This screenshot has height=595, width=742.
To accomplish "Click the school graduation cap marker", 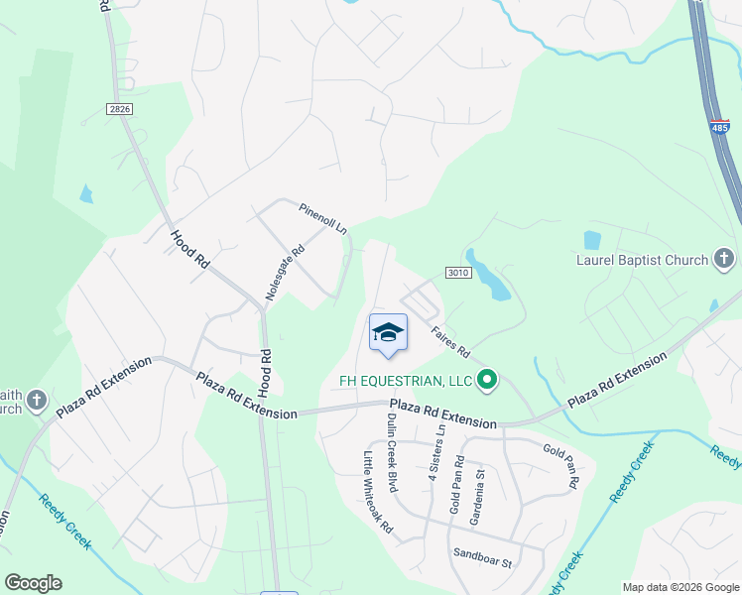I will pos(388,333).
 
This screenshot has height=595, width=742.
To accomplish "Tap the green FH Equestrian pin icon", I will pos(487,380).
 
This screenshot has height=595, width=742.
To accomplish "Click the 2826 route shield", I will pos(119,108).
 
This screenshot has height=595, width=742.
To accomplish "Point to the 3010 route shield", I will pos(457,273).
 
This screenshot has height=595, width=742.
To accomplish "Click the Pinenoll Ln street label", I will pos(323,218).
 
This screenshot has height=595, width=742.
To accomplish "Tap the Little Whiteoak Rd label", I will pos(378,493).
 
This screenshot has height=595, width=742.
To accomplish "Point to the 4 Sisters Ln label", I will pos(434,453).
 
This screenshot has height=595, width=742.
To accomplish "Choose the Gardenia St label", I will pos(480,473).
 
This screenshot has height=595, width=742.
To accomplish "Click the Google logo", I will pos(33,583).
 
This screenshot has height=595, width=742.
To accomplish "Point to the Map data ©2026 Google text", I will pos(680,587).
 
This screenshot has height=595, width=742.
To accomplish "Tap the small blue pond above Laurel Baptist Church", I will pos(592,240).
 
